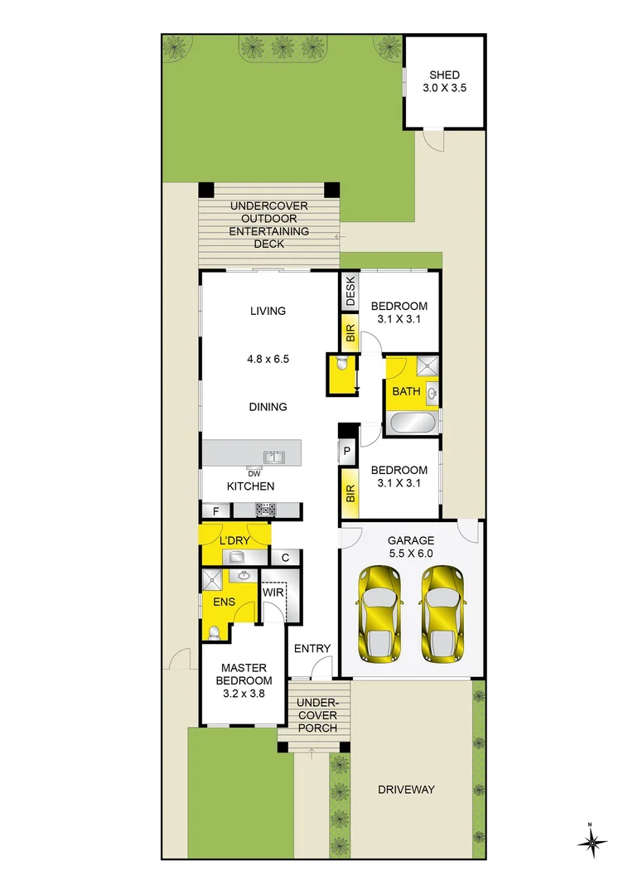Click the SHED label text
click(445, 75)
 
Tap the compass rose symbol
click(592, 843)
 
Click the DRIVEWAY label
click(406, 790)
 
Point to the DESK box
click(350, 292)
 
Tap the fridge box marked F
click(216, 510)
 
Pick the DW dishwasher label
click(254, 474)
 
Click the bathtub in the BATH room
click(412, 423)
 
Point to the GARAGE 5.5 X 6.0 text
click(411, 547)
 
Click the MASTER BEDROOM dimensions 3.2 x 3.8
click(244, 694)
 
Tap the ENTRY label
click(312, 649)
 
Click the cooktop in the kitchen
click(265, 510)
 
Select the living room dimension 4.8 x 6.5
click(267, 359)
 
